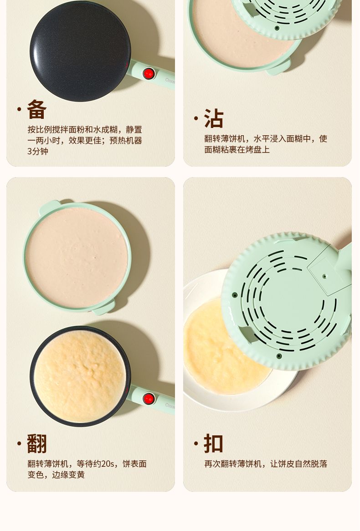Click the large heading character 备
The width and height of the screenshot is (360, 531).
point(36,109)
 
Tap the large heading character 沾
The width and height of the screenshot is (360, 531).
point(214,118)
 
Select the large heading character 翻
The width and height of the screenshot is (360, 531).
point(36,443)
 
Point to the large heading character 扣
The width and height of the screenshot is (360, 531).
point(214,443)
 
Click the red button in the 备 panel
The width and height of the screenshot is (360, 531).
point(149,73)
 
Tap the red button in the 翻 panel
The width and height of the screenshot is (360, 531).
point(149,398)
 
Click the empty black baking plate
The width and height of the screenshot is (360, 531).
point(80,51)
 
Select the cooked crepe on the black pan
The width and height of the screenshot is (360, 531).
point(80,376)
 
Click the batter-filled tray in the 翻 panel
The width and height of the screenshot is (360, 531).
point(77,257)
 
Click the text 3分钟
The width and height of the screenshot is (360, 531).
point(38,151)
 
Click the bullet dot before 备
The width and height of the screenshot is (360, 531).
point(19,109)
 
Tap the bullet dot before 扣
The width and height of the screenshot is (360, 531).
point(196,443)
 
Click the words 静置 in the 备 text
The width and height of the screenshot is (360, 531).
point(134,129)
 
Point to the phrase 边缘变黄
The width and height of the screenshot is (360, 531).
point(68,475)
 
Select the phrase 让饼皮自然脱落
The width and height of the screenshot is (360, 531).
point(298,464)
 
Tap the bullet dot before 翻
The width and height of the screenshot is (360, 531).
point(19,443)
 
